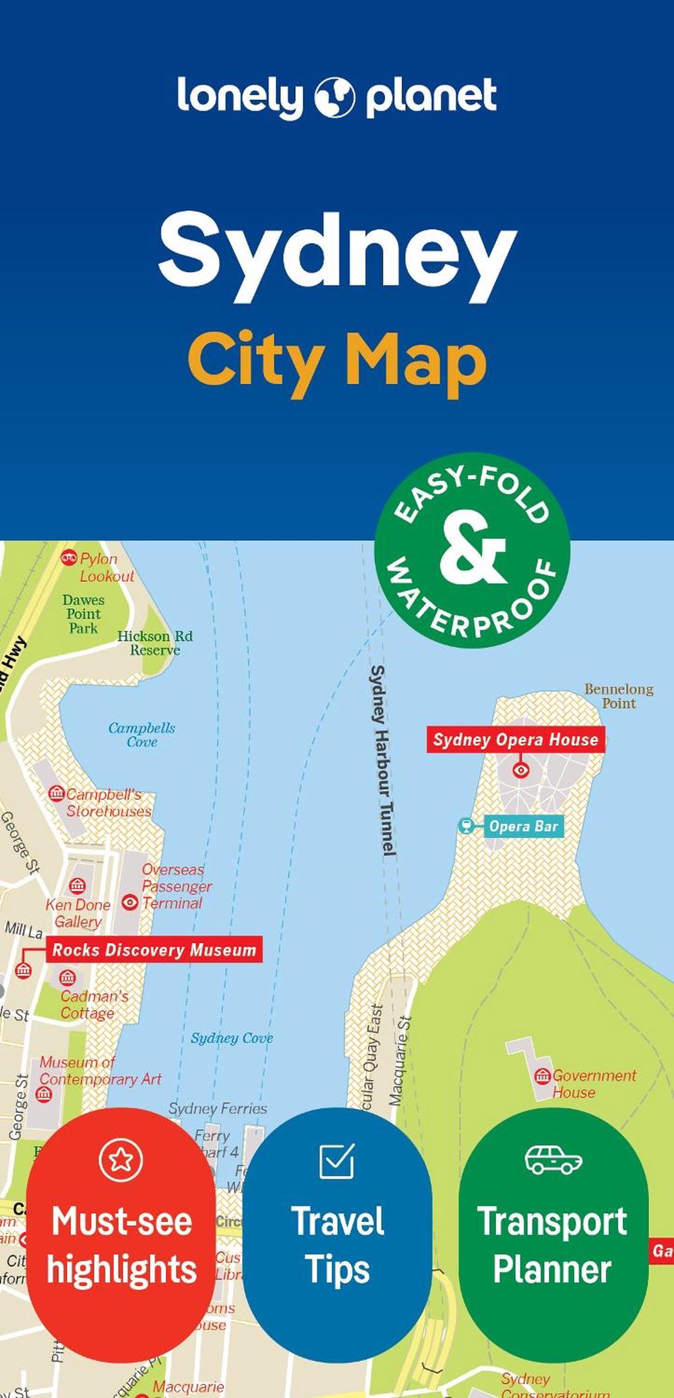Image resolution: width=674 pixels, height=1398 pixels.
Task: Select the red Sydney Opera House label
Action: pyautogui.click(x=516, y=740)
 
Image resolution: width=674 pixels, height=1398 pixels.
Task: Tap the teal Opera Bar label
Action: pyautogui.click(x=523, y=826)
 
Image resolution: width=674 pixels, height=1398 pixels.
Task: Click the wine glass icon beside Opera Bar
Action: pyautogui.click(x=466, y=825)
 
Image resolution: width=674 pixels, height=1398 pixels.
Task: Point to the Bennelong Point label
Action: pyautogui.click(x=618, y=696)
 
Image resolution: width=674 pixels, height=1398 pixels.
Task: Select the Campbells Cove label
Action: pyautogui.click(x=142, y=734)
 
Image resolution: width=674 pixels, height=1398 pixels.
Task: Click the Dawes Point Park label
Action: pyautogui.click(x=83, y=614)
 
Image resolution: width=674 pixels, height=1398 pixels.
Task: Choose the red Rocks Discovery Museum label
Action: pyautogui.click(x=154, y=950)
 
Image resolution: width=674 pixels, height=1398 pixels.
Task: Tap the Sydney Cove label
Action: pyautogui.click(x=231, y=1038)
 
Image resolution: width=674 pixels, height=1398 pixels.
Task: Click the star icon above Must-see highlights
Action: pyautogui.click(x=121, y=1160)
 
